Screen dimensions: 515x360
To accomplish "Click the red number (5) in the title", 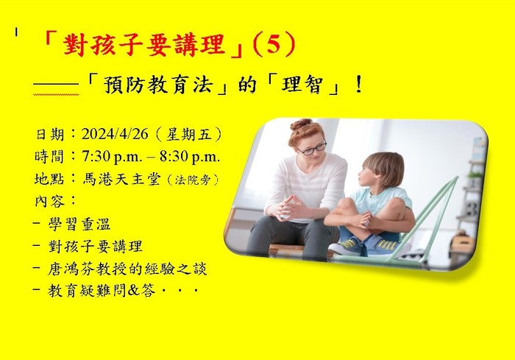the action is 274,45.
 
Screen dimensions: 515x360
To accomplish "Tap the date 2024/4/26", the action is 115,135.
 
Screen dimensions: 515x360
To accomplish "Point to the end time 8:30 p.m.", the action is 190,157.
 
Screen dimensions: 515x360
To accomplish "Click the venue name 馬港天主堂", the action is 121,179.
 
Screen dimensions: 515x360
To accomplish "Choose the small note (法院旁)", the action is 193,180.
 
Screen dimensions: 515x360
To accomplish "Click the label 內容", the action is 50,201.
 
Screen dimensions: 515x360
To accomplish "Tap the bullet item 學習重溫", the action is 79,225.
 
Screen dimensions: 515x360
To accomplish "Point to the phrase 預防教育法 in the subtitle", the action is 157,85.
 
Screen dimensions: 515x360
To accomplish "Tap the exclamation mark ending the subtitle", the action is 359,85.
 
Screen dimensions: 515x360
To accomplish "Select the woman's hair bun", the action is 301,125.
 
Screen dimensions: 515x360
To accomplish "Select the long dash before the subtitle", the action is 56,85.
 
